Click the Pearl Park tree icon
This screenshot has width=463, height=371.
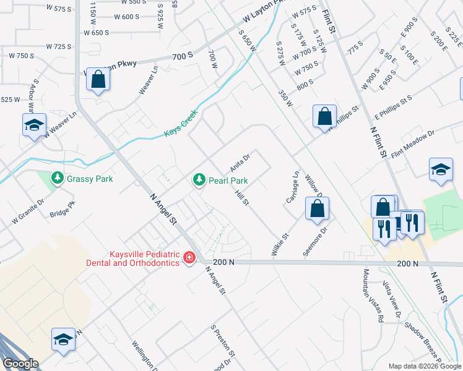click(x=199, y=180)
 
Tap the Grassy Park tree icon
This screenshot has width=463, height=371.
click(x=58, y=179)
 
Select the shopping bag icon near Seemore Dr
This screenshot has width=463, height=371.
click(x=317, y=209)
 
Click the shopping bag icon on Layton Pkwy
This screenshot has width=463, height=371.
click(x=98, y=79)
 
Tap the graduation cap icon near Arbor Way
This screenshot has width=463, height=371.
click(x=35, y=125)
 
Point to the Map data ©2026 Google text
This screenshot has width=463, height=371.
click(x=424, y=366)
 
